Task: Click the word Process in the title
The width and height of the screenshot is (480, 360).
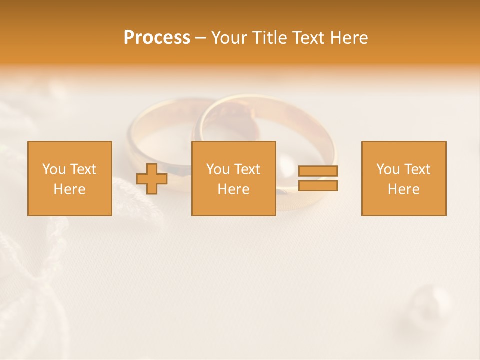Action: [x=157, y=38]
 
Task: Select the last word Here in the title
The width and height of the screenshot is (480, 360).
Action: [x=349, y=38]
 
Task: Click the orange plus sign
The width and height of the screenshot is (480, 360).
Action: [x=152, y=179]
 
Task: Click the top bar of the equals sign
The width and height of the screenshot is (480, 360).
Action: [x=318, y=171]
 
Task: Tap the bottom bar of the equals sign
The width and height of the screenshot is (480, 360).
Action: [x=318, y=186]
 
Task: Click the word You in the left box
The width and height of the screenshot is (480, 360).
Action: [x=54, y=169]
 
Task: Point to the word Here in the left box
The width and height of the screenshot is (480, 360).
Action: [x=69, y=189]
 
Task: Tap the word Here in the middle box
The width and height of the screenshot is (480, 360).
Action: [x=233, y=189]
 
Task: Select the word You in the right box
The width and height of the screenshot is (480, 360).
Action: [x=388, y=169]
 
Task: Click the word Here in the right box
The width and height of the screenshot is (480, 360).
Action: [x=403, y=189]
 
